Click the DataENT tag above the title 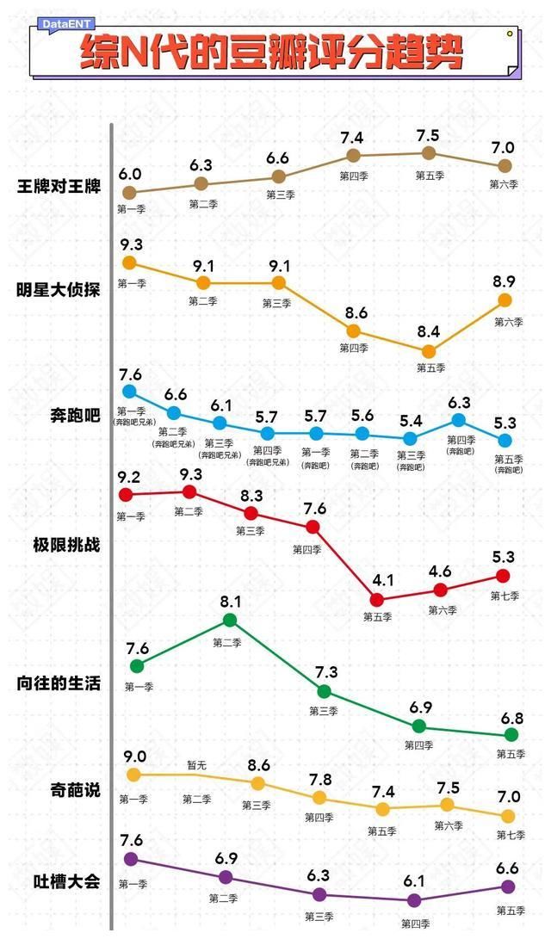pyautogui.click(x=66, y=25)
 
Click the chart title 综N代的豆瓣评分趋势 pyautogui.click(x=272, y=54)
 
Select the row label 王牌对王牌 pyautogui.click(x=59, y=187)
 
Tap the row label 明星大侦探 pyautogui.click(x=59, y=290)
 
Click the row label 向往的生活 pyautogui.click(x=59, y=683)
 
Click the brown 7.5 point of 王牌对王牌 pyautogui.click(x=428, y=153)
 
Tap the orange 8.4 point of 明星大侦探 pyautogui.click(x=429, y=350)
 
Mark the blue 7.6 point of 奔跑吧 pyautogui.click(x=129, y=392)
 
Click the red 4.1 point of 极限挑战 pyautogui.click(x=377, y=599)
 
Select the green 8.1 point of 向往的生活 pyautogui.click(x=230, y=620)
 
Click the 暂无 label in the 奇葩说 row pyautogui.click(x=197, y=765)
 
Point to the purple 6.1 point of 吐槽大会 pyautogui.click(x=414, y=900)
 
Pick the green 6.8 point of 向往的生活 pyautogui.click(x=511, y=735)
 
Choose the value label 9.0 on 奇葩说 pyautogui.click(x=133, y=757)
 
